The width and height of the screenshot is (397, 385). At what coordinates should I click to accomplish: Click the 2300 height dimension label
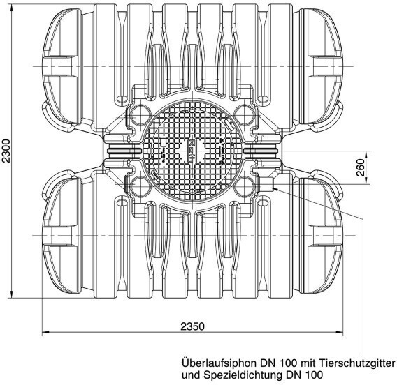click(x=6, y=151)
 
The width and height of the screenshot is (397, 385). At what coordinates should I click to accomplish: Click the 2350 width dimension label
click(x=192, y=326)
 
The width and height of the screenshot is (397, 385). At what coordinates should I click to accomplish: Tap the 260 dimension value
click(x=360, y=167)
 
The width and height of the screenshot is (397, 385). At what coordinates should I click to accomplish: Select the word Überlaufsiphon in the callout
click(x=219, y=363)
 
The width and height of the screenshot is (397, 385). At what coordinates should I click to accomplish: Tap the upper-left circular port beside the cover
click(x=140, y=116)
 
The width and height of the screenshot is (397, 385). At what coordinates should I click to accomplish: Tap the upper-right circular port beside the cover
click(x=243, y=114)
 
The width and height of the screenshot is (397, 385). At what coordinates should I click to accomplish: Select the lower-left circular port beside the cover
click(x=140, y=186)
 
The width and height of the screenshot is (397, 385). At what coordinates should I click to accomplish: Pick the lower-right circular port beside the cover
click(x=243, y=186)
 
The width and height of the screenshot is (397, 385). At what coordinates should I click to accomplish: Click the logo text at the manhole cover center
click(x=192, y=151)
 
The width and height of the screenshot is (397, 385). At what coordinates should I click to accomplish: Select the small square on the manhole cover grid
click(x=163, y=142)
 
